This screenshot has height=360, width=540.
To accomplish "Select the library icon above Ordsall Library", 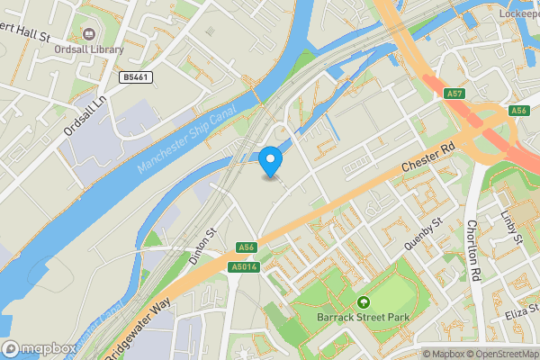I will click(x=89, y=33).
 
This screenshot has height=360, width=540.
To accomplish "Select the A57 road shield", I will click(x=454, y=93).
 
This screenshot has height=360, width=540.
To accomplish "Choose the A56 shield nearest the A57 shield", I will click(x=518, y=110).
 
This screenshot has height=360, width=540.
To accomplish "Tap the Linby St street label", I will click(x=512, y=227).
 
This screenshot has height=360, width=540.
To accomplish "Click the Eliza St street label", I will click(x=521, y=311).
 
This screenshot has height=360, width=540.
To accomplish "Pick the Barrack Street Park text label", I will click(x=364, y=317).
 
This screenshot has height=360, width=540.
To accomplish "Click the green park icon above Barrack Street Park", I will click(x=364, y=302).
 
